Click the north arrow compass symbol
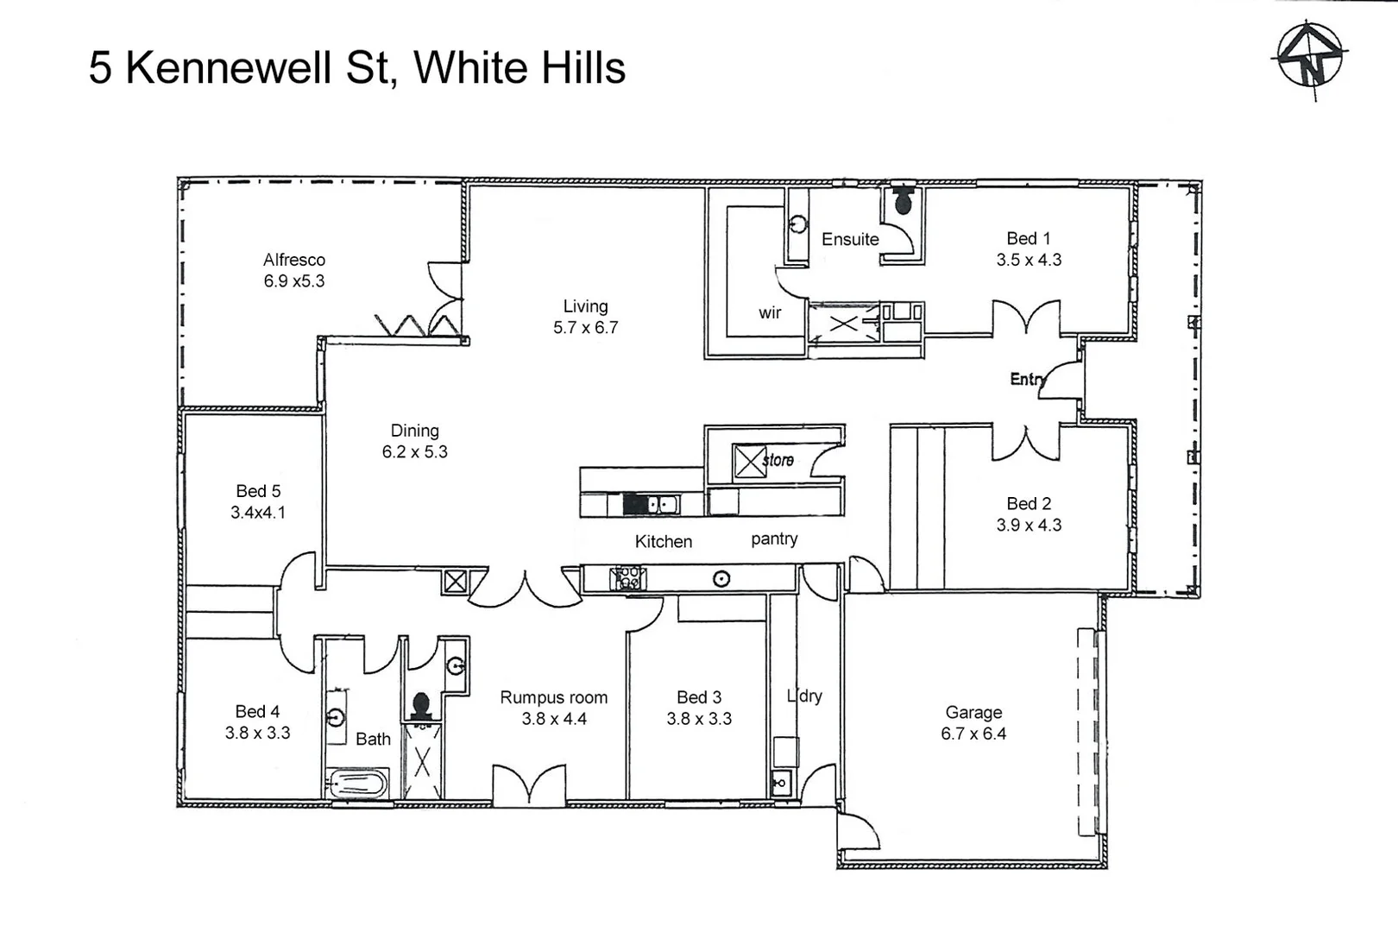[1309, 57]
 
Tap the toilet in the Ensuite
[903, 201]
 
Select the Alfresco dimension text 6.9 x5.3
[294, 281]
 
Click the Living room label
[585, 306]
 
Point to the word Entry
[1027, 379]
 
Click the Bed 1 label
[1029, 238]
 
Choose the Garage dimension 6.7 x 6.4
[973, 734]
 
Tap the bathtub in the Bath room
[357, 784]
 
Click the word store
[778, 460]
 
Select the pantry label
[774, 538]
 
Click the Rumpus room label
[553, 697]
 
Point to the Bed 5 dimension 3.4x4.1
[258, 513]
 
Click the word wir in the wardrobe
[770, 312]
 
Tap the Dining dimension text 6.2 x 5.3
[415, 452]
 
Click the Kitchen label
[664, 542]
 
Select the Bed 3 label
[699, 697]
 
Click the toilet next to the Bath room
[421, 706]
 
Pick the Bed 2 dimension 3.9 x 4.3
[1029, 526]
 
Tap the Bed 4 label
[257, 711]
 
